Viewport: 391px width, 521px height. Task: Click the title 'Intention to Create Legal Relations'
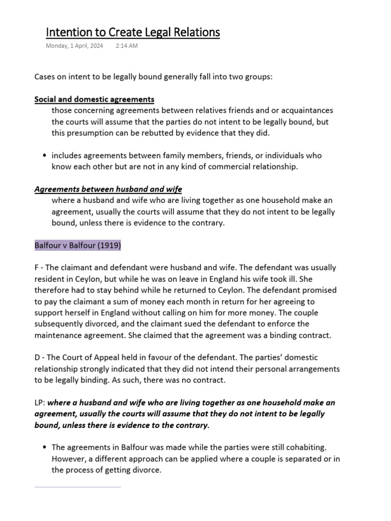[x=133, y=33]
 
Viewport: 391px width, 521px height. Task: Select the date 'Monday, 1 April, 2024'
[x=74, y=46]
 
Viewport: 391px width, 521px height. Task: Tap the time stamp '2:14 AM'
[x=127, y=46]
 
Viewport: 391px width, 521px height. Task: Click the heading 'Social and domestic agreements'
[x=94, y=99]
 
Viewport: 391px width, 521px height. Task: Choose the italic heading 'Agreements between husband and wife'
[x=108, y=189]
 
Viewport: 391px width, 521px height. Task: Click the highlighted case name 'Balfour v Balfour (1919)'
[x=78, y=245]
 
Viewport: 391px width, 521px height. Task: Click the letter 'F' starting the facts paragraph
[x=37, y=268]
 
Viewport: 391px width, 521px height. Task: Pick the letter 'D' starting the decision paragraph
[x=37, y=358]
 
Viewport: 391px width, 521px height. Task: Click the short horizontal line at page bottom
[x=77, y=487]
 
